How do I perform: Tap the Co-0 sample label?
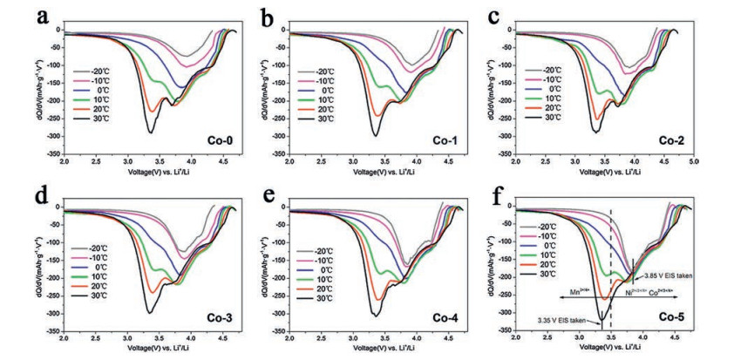211,139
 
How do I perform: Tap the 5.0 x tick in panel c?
696,163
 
